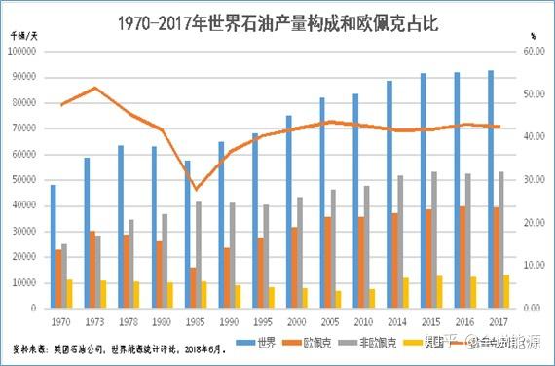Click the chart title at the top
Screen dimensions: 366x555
coord(277,21)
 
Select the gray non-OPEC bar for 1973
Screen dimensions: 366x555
coord(97,271)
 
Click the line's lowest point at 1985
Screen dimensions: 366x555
coord(196,189)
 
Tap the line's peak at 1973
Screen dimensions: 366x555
coord(94,88)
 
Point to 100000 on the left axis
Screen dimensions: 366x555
coord(23,51)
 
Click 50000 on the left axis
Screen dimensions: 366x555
coord(25,179)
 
